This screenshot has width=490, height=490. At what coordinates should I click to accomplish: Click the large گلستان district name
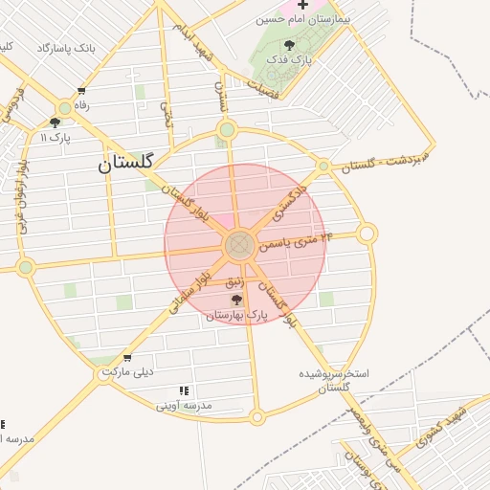[125, 163]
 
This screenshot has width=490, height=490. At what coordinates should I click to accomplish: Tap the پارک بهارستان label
[236, 314]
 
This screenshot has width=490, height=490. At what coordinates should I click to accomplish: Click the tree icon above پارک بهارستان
[236, 300]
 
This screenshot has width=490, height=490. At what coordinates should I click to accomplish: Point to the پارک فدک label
[290, 59]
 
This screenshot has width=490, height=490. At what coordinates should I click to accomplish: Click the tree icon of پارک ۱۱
[54, 122]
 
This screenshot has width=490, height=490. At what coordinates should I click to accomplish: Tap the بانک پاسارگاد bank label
[66, 47]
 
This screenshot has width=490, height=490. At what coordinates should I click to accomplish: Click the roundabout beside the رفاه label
[64, 106]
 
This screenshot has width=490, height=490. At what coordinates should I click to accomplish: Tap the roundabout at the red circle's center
[239, 246]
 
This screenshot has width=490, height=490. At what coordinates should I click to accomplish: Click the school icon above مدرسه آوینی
[183, 390]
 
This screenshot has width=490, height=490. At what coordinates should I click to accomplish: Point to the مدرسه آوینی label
[184, 406]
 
